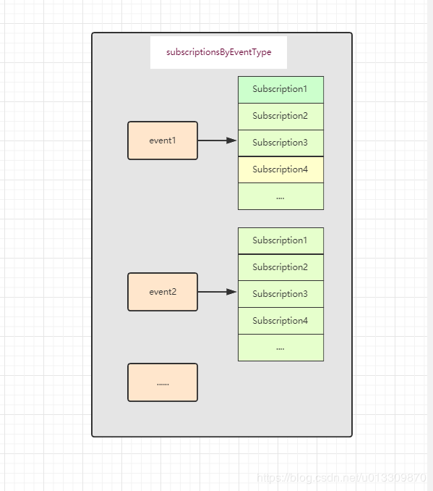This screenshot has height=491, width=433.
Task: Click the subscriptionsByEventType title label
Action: point(218,52)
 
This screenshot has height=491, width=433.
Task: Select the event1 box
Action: point(163,140)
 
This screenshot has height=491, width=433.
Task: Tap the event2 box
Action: point(163,292)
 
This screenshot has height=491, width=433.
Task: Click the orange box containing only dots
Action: point(163,382)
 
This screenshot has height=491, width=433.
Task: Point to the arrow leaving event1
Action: point(218,140)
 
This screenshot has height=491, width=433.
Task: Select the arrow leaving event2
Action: point(218,292)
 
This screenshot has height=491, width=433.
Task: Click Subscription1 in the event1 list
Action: point(280,90)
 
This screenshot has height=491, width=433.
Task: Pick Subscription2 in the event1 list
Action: point(280,117)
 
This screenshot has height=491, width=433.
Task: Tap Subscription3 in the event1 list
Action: point(280,143)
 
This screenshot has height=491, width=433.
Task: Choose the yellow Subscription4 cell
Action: point(280,169)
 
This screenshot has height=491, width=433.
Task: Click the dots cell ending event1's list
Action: point(280,196)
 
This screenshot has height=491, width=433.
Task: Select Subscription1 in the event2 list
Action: point(280,241)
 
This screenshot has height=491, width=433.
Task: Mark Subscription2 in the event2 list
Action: point(280,267)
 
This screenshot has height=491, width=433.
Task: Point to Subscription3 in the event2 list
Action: point(280,294)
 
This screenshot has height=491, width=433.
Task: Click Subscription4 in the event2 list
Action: point(280,321)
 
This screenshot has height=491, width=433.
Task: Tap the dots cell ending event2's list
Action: point(280,348)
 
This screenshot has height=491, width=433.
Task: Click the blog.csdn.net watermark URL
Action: point(341,478)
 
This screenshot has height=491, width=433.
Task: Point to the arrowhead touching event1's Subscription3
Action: point(231,140)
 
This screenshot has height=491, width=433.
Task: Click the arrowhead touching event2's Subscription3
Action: point(231,292)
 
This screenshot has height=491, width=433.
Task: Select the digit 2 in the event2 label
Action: point(173,292)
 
